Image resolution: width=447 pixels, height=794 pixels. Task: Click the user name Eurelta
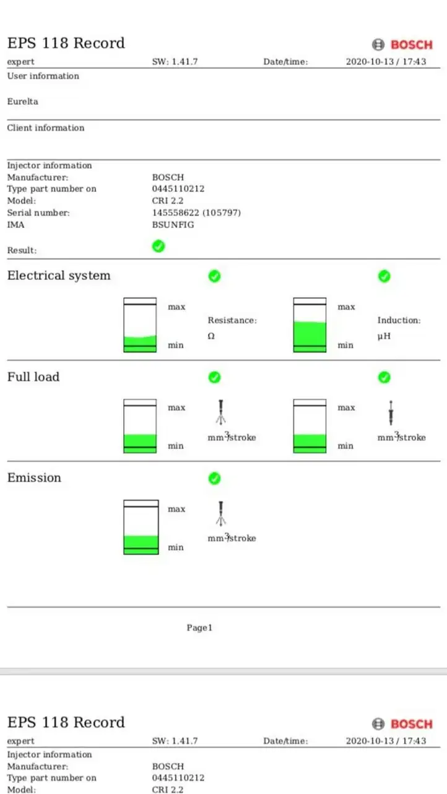(23, 102)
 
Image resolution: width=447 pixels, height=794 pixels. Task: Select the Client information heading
(46, 128)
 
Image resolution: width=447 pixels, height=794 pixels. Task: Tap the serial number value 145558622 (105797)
(196, 212)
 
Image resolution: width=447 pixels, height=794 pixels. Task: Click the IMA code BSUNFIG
(173, 225)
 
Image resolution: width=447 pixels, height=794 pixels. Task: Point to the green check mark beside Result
(158, 246)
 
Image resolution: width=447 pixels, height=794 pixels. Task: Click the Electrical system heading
(59, 276)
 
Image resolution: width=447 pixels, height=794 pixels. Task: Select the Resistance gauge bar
(140, 325)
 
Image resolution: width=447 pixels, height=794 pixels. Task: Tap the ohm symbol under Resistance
(211, 336)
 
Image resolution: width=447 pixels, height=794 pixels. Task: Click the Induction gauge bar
(310, 325)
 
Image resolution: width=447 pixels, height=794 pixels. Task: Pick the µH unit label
(384, 336)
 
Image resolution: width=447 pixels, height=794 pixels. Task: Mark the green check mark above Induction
(384, 276)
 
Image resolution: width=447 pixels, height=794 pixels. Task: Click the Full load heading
(33, 377)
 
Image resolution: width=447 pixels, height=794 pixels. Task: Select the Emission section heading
(34, 478)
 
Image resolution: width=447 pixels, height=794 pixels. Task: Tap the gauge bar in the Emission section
(141, 527)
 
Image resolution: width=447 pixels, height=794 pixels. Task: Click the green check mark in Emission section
(214, 478)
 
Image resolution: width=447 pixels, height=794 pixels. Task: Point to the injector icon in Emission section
(220, 513)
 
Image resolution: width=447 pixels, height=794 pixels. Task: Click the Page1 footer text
(199, 628)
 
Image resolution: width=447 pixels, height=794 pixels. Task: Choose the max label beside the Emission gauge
(176, 509)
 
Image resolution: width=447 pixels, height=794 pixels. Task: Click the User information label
(43, 76)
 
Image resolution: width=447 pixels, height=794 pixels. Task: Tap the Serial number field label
(38, 212)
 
